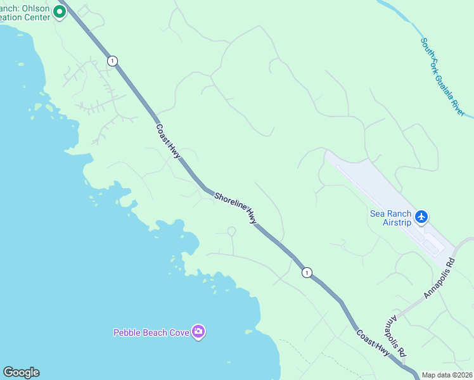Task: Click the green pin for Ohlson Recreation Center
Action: pyautogui.click(x=60, y=11)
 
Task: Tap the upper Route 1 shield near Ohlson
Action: pyautogui.click(x=112, y=61)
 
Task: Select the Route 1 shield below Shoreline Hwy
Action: pyautogui.click(x=307, y=272)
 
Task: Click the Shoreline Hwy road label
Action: pyautogui.click(x=236, y=208)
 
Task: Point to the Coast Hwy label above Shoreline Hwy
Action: pyautogui.click(x=169, y=141)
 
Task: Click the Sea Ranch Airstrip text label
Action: pyautogui.click(x=390, y=218)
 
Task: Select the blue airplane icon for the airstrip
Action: pyautogui.click(x=421, y=218)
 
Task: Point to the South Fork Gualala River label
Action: pyautogui.click(x=442, y=76)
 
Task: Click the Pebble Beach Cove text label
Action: pyautogui.click(x=151, y=332)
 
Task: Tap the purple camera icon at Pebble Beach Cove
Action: pyautogui.click(x=198, y=332)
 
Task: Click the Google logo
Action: pyautogui.click(x=21, y=372)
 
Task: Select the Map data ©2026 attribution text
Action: pyautogui.click(x=447, y=375)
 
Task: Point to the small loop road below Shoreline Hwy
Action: pyautogui.click(x=231, y=232)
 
